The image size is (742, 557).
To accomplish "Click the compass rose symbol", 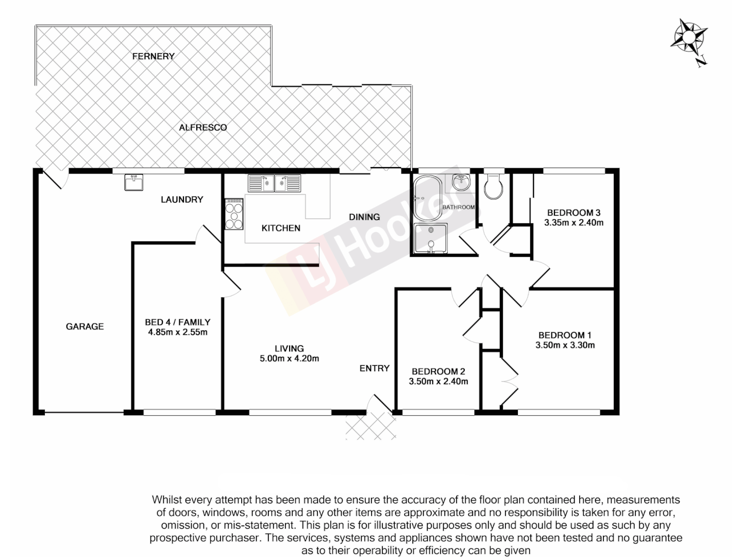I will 689,37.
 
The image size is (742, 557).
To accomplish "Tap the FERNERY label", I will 153,56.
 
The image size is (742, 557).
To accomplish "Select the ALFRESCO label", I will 203,127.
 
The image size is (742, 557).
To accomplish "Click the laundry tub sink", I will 134,183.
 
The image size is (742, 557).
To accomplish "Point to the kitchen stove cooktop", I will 233,215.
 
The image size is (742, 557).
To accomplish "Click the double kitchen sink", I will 274,183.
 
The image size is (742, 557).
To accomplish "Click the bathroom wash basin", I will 460,182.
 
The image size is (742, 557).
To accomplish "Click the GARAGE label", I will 85,326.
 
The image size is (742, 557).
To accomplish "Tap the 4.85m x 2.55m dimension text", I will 177,332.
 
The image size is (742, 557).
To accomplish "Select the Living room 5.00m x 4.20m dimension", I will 289,358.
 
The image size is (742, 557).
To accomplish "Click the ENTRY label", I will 374,368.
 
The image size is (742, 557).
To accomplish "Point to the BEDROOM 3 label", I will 574,212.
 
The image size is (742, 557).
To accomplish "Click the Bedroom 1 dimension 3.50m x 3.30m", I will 565,346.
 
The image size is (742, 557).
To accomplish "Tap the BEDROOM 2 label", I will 438,371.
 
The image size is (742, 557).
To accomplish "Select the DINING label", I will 364,217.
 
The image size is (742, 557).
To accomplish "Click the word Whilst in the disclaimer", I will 166,500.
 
